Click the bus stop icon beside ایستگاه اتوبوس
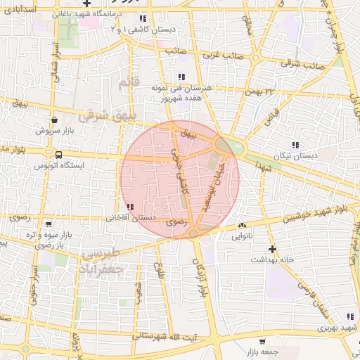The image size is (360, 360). (58, 155)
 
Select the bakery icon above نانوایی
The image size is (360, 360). (242, 225)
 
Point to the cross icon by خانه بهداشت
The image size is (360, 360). (272, 249)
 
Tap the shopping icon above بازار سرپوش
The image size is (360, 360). (55, 120)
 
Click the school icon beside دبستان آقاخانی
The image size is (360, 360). (131, 207)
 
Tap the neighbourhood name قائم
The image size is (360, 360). (126, 83)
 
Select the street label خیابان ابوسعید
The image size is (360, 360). (216, 185)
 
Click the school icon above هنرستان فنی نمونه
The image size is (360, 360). (181, 77)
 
